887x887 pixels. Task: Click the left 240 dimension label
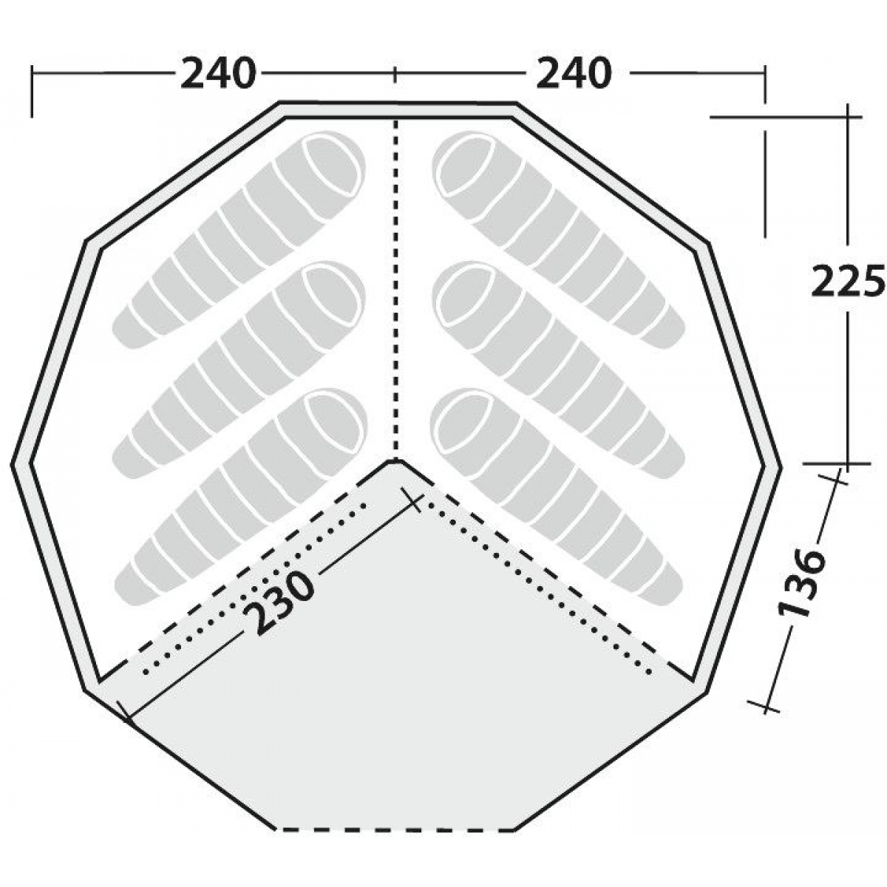pyautogui.click(x=217, y=74)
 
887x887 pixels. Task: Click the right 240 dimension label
pyautogui.click(x=574, y=74)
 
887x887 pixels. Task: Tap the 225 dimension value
pyautogui.click(x=847, y=281)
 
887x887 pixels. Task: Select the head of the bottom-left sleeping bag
pyautogui.click(x=333, y=421)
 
